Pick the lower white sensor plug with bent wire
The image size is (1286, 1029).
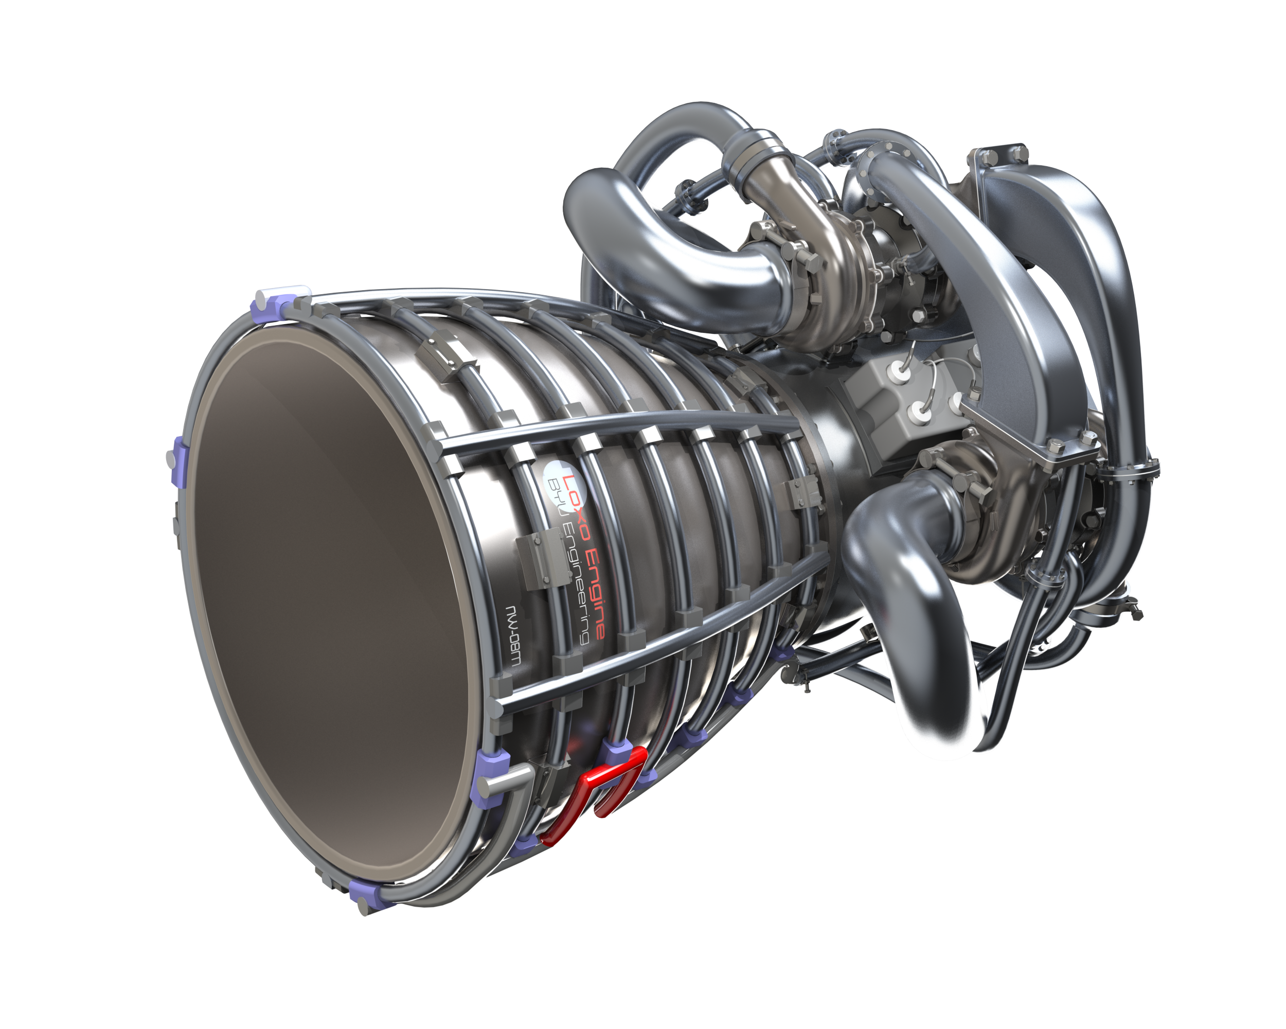click(919, 411)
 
